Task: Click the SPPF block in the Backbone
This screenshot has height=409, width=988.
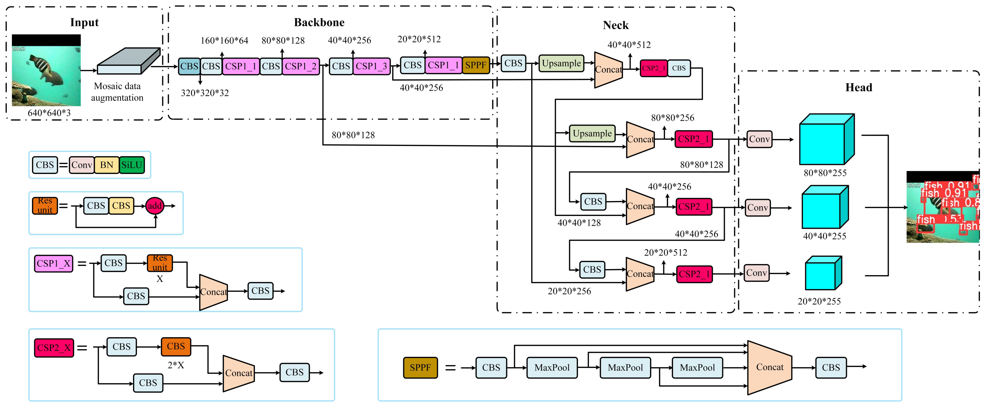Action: click(x=476, y=65)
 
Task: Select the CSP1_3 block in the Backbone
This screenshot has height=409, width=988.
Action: click(x=371, y=66)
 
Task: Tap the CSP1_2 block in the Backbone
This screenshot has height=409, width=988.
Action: click(x=301, y=66)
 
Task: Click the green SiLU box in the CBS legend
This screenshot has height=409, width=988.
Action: click(x=132, y=165)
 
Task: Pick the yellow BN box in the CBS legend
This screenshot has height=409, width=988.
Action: click(x=107, y=165)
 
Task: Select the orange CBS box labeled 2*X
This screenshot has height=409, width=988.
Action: click(x=176, y=346)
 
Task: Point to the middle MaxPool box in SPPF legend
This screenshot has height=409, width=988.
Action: click(x=625, y=368)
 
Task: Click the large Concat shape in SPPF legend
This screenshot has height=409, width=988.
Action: click(x=769, y=367)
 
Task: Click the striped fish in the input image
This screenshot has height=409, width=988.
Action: click(x=46, y=69)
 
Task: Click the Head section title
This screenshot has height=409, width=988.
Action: click(x=858, y=87)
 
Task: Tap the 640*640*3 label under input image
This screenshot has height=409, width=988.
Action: click(x=49, y=113)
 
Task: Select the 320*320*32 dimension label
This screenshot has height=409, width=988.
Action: click(x=205, y=93)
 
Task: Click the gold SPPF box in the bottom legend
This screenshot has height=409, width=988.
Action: click(x=420, y=368)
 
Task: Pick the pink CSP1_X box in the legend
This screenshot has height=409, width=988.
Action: click(x=54, y=264)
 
